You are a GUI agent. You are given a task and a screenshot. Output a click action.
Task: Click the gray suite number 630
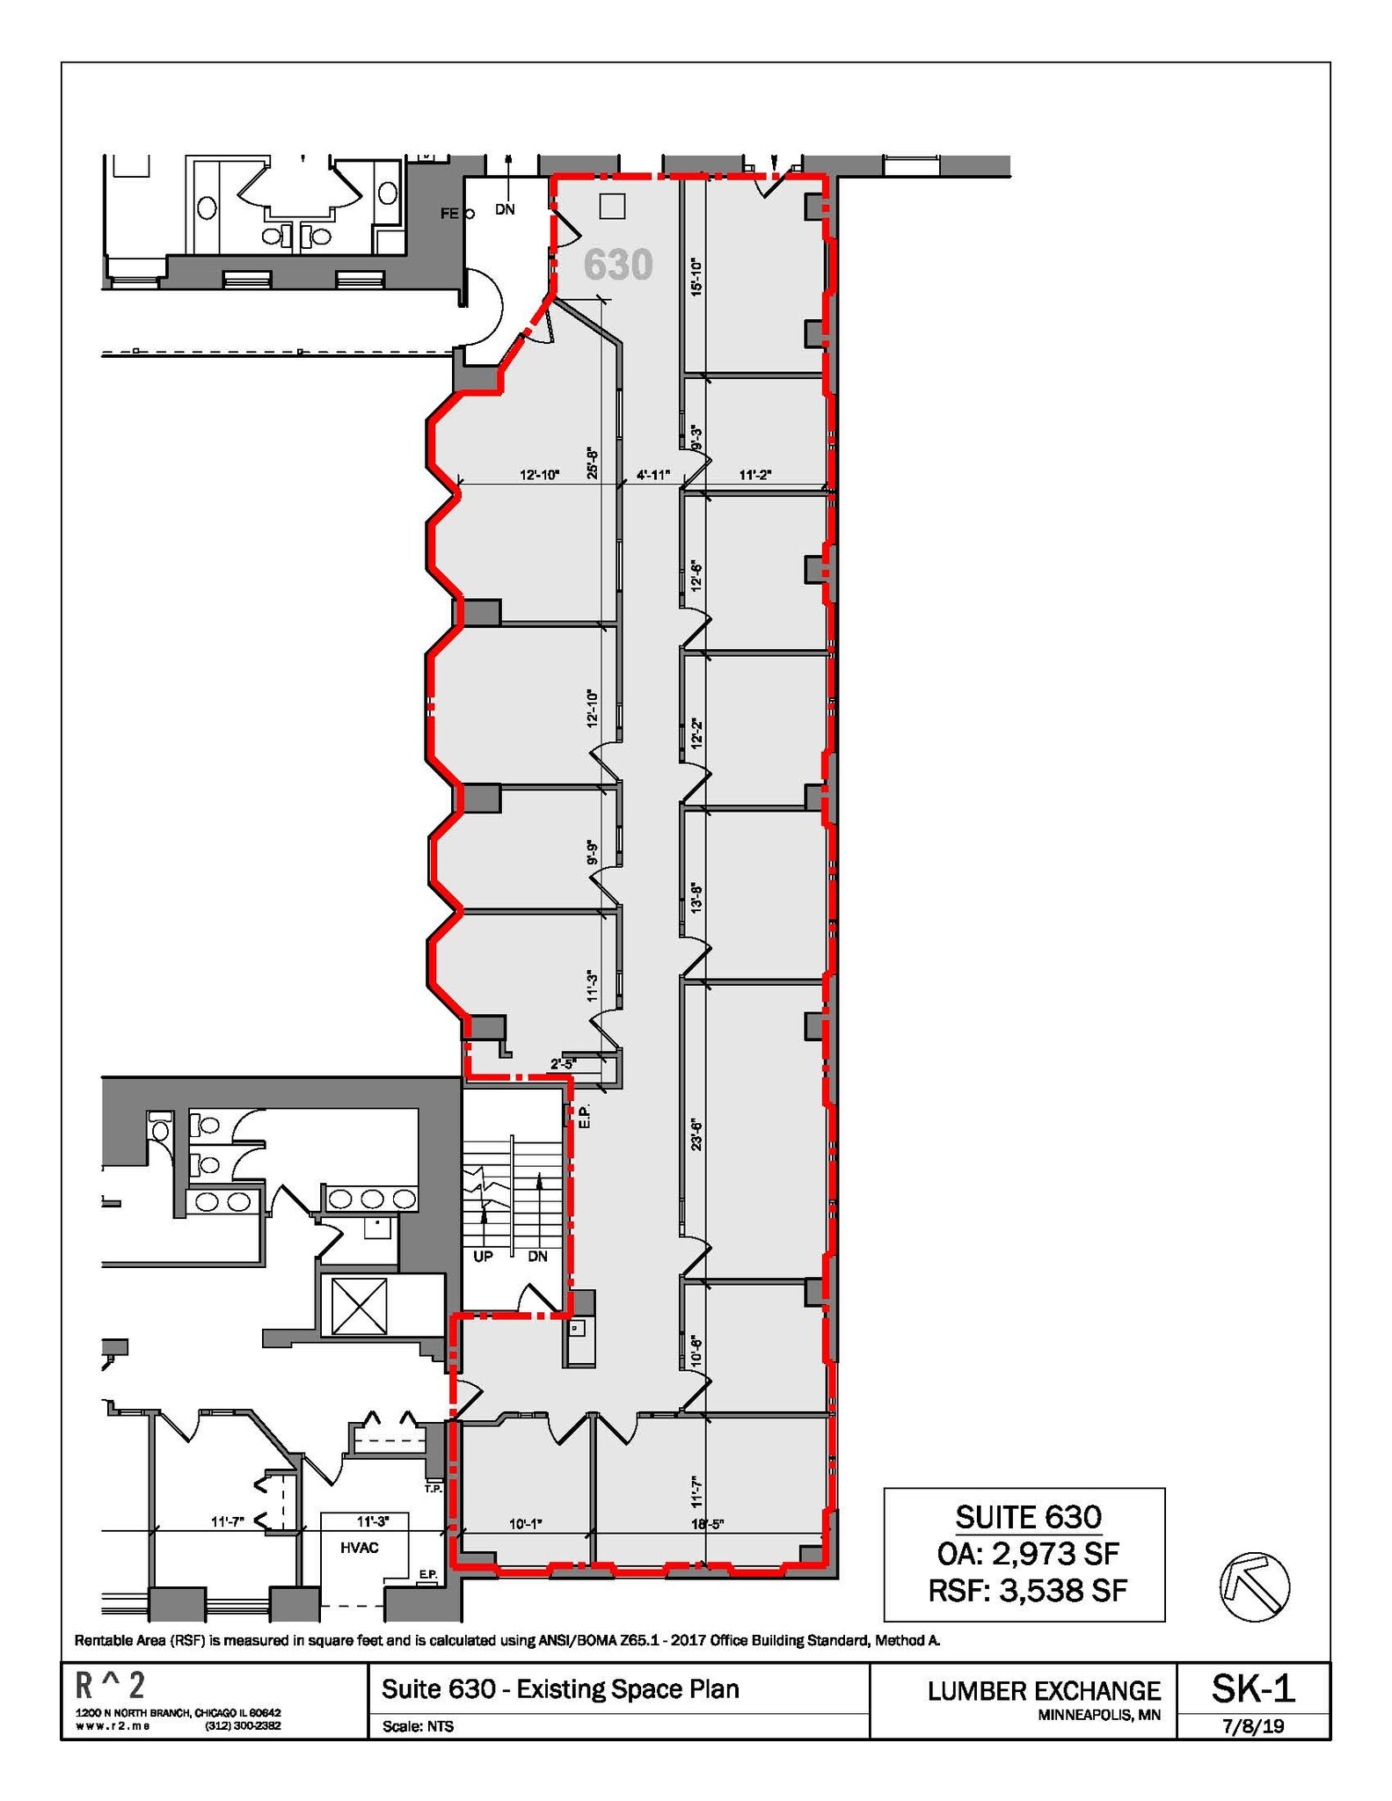(x=618, y=264)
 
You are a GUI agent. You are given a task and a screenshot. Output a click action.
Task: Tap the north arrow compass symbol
(x=1254, y=1586)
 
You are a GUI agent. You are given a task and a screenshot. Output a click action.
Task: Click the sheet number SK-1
(x=1253, y=1688)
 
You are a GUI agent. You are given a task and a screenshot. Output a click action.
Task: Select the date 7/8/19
(x=1253, y=1725)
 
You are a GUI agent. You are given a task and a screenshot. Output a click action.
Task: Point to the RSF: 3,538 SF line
(x=1027, y=1590)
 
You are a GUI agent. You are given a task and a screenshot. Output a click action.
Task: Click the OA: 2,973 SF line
(x=1027, y=1553)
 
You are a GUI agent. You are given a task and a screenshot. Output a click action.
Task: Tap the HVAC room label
(x=359, y=1548)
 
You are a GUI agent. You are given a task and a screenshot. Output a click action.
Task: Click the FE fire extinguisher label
(x=449, y=214)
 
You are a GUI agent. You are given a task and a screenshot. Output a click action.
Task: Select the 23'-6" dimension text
(x=696, y=1134)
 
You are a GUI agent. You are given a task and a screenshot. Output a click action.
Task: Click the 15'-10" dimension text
(x=696, y=276)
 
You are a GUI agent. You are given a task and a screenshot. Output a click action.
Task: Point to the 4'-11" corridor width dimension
(x=653, y=475)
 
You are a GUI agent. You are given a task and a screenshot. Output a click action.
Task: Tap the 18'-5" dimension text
(x=707, y=1524)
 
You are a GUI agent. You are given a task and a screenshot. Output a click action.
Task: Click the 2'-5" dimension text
(x=563, y=1064)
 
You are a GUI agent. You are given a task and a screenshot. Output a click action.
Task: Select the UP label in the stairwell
(x=483, y=1256)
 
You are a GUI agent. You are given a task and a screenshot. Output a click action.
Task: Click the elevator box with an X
(x=359, y=1306)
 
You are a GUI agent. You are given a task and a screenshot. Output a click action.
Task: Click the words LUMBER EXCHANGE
(x=1044, y=1690)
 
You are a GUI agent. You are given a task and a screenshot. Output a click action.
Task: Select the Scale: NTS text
(x=419, y=1726)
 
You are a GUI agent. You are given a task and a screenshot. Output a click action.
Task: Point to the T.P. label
(x=433, y=1489)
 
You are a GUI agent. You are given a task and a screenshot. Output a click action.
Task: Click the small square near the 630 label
(x=611, y=206)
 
